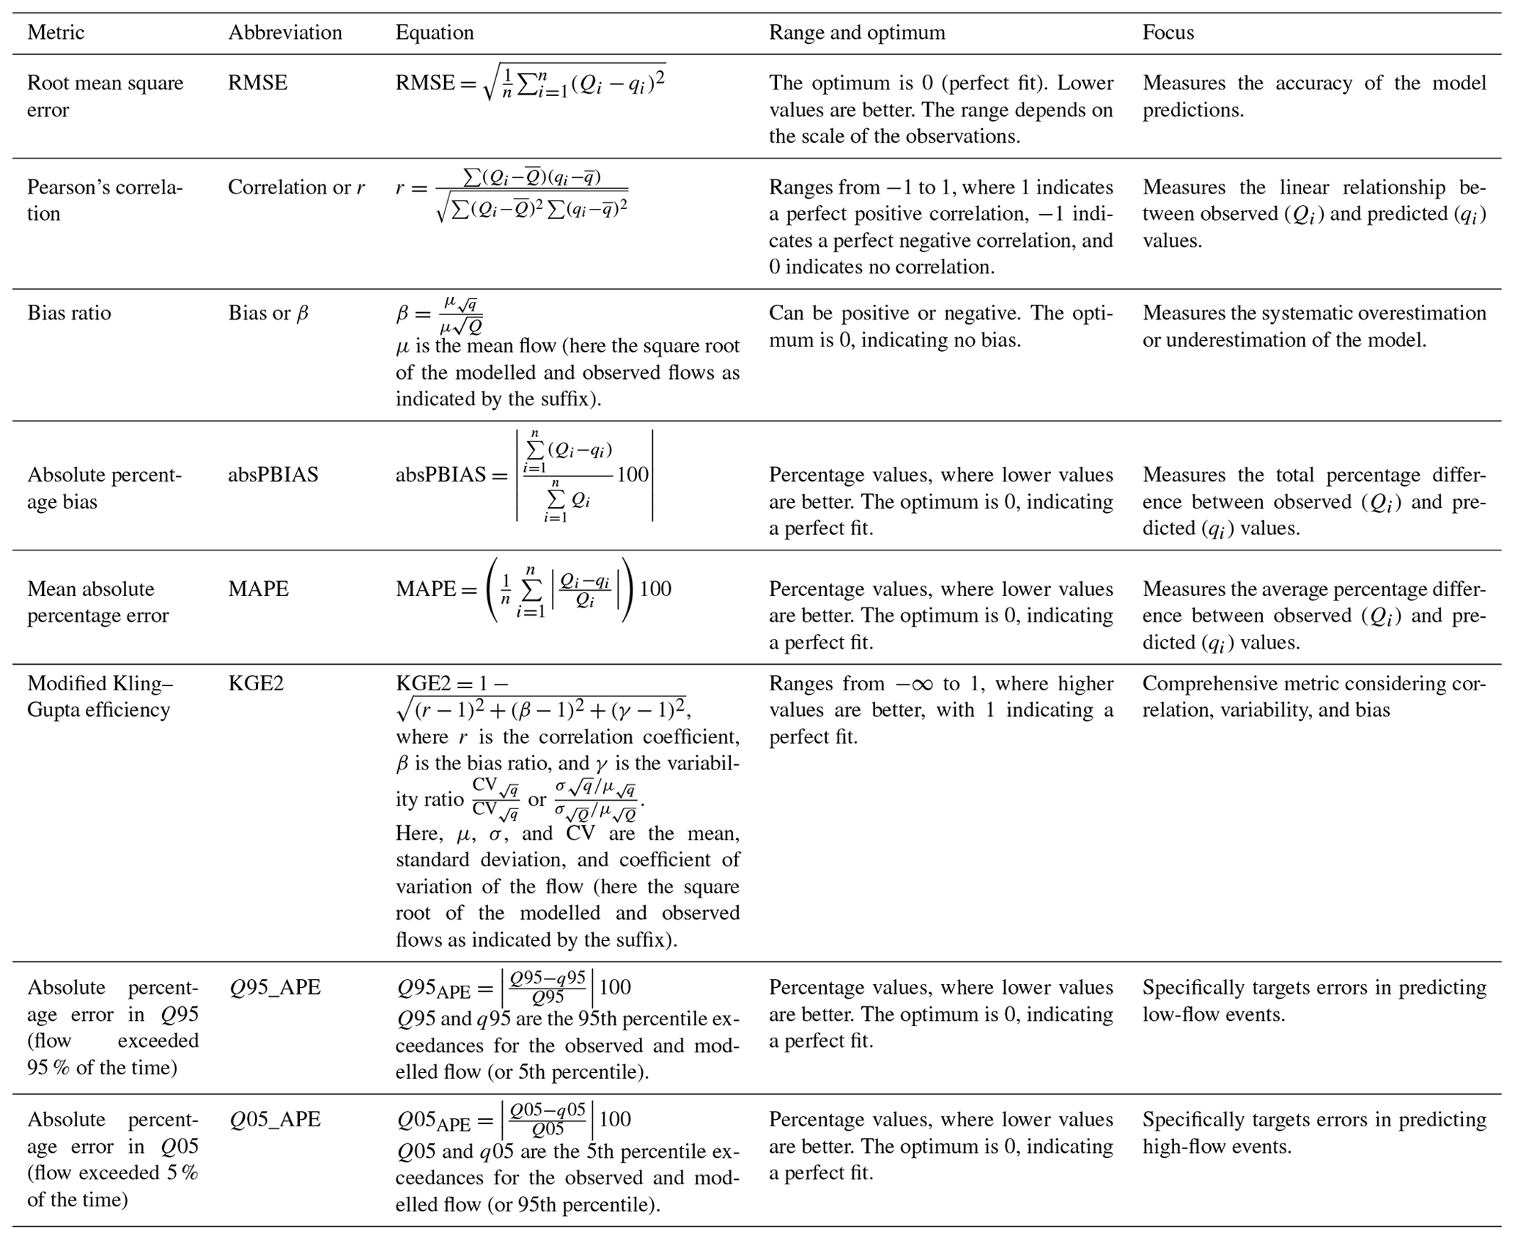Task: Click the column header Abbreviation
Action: (284, 33)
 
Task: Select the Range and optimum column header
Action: (856, 33)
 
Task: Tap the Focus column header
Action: (1168, 33)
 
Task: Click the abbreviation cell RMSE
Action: (257, 83)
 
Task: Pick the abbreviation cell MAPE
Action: (258, 589)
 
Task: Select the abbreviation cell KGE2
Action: (255, 684)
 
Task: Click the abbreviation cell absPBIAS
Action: (273, 475)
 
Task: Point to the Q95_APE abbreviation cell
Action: (275, 988)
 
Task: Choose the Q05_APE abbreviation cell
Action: (275, 1120)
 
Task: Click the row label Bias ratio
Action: (69, 314)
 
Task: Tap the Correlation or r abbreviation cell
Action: (296, 188)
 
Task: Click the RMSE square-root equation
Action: (531, 83)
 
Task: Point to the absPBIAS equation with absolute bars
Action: (524, 475)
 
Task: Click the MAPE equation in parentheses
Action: (534, 589)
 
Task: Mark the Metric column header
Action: (56, 33)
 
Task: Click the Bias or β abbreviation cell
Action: (268, 314)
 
